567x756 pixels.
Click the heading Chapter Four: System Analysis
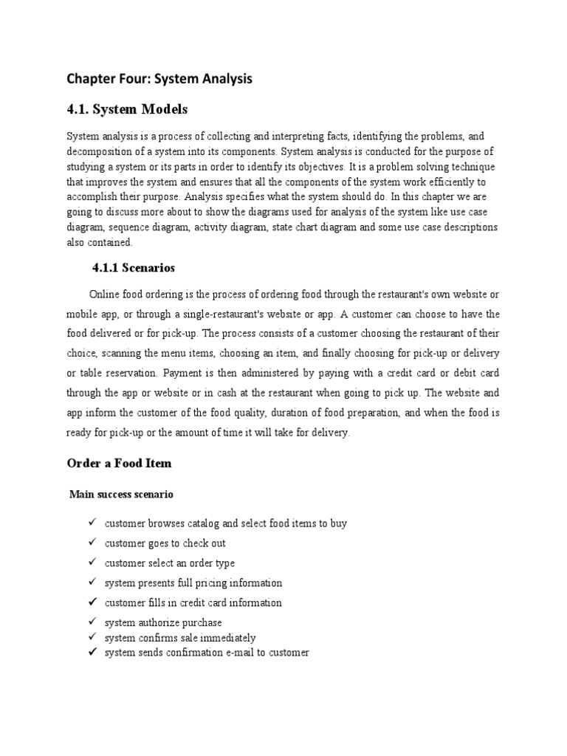[159, 79]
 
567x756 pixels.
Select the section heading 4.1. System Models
[127, 109]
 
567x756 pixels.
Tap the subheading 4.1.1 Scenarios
[133, 267]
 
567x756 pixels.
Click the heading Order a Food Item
[119, 463]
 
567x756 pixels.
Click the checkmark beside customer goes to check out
[92, 543]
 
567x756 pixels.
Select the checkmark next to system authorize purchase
[92, 622]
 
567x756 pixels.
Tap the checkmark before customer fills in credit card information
[92, 602]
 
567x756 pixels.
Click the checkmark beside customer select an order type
[92, 563]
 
